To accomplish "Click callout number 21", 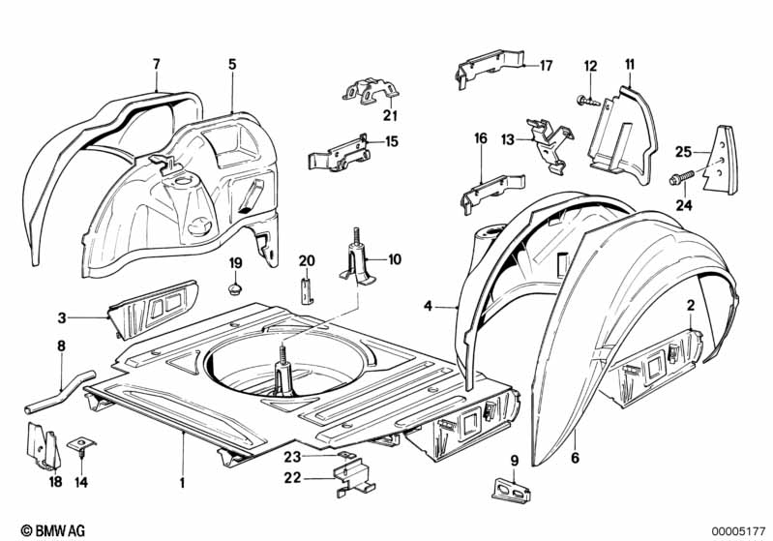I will click(x=363, y=116).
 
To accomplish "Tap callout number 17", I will click(x=546, y=66).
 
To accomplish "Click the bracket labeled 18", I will click(x=39, y=445).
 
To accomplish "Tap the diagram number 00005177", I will click(x=739, y=529).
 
